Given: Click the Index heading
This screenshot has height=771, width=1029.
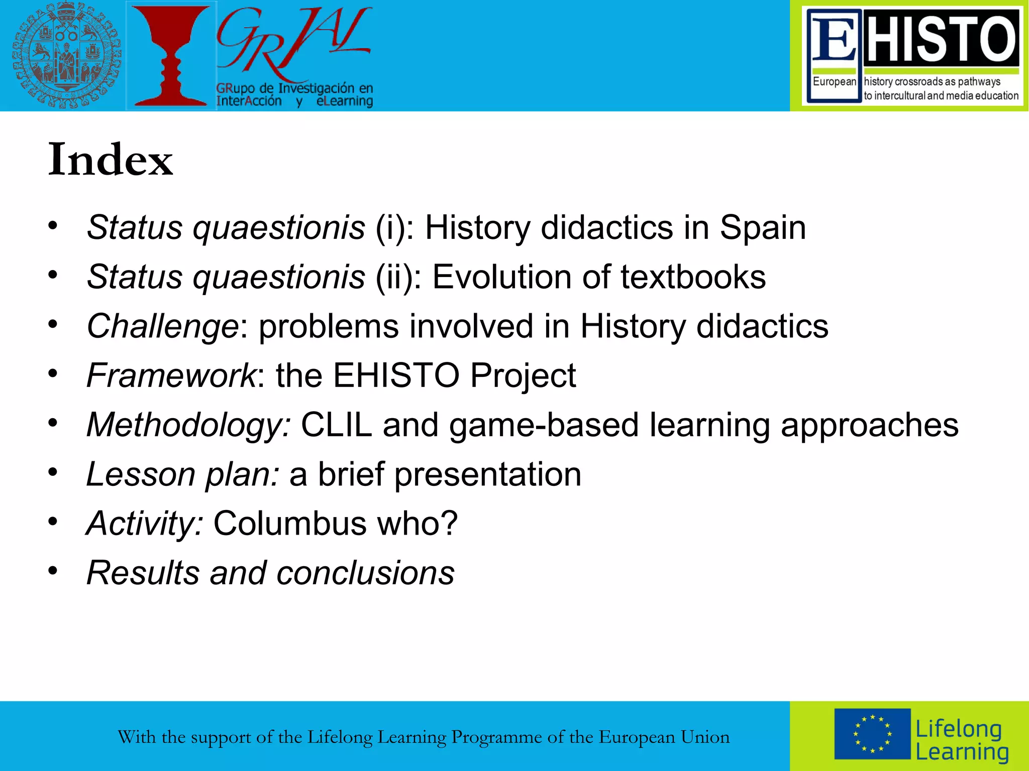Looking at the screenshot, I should tap(111, 160).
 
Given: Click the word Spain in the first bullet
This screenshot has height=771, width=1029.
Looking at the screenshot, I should tap(762, 228).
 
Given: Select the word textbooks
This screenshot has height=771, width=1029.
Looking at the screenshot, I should tap(693, 277).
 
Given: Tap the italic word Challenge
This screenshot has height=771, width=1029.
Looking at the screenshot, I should tap(162, 327).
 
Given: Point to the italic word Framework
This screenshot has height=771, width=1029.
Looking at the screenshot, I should tap(171, 375).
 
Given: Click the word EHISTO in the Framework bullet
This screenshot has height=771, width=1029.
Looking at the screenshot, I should tap(396, 375).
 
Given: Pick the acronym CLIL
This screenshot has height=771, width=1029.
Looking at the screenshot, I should tap(336, 425).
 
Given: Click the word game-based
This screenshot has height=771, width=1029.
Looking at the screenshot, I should tap(544, 425).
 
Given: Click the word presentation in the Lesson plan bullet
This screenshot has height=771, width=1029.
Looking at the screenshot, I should tap(487, 474).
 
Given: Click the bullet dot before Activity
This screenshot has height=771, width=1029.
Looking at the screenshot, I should tap(53, 522).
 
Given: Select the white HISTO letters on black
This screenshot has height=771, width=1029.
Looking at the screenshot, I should tap(941, 39).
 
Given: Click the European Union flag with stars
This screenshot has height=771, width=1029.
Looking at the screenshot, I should tap(872, 734).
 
